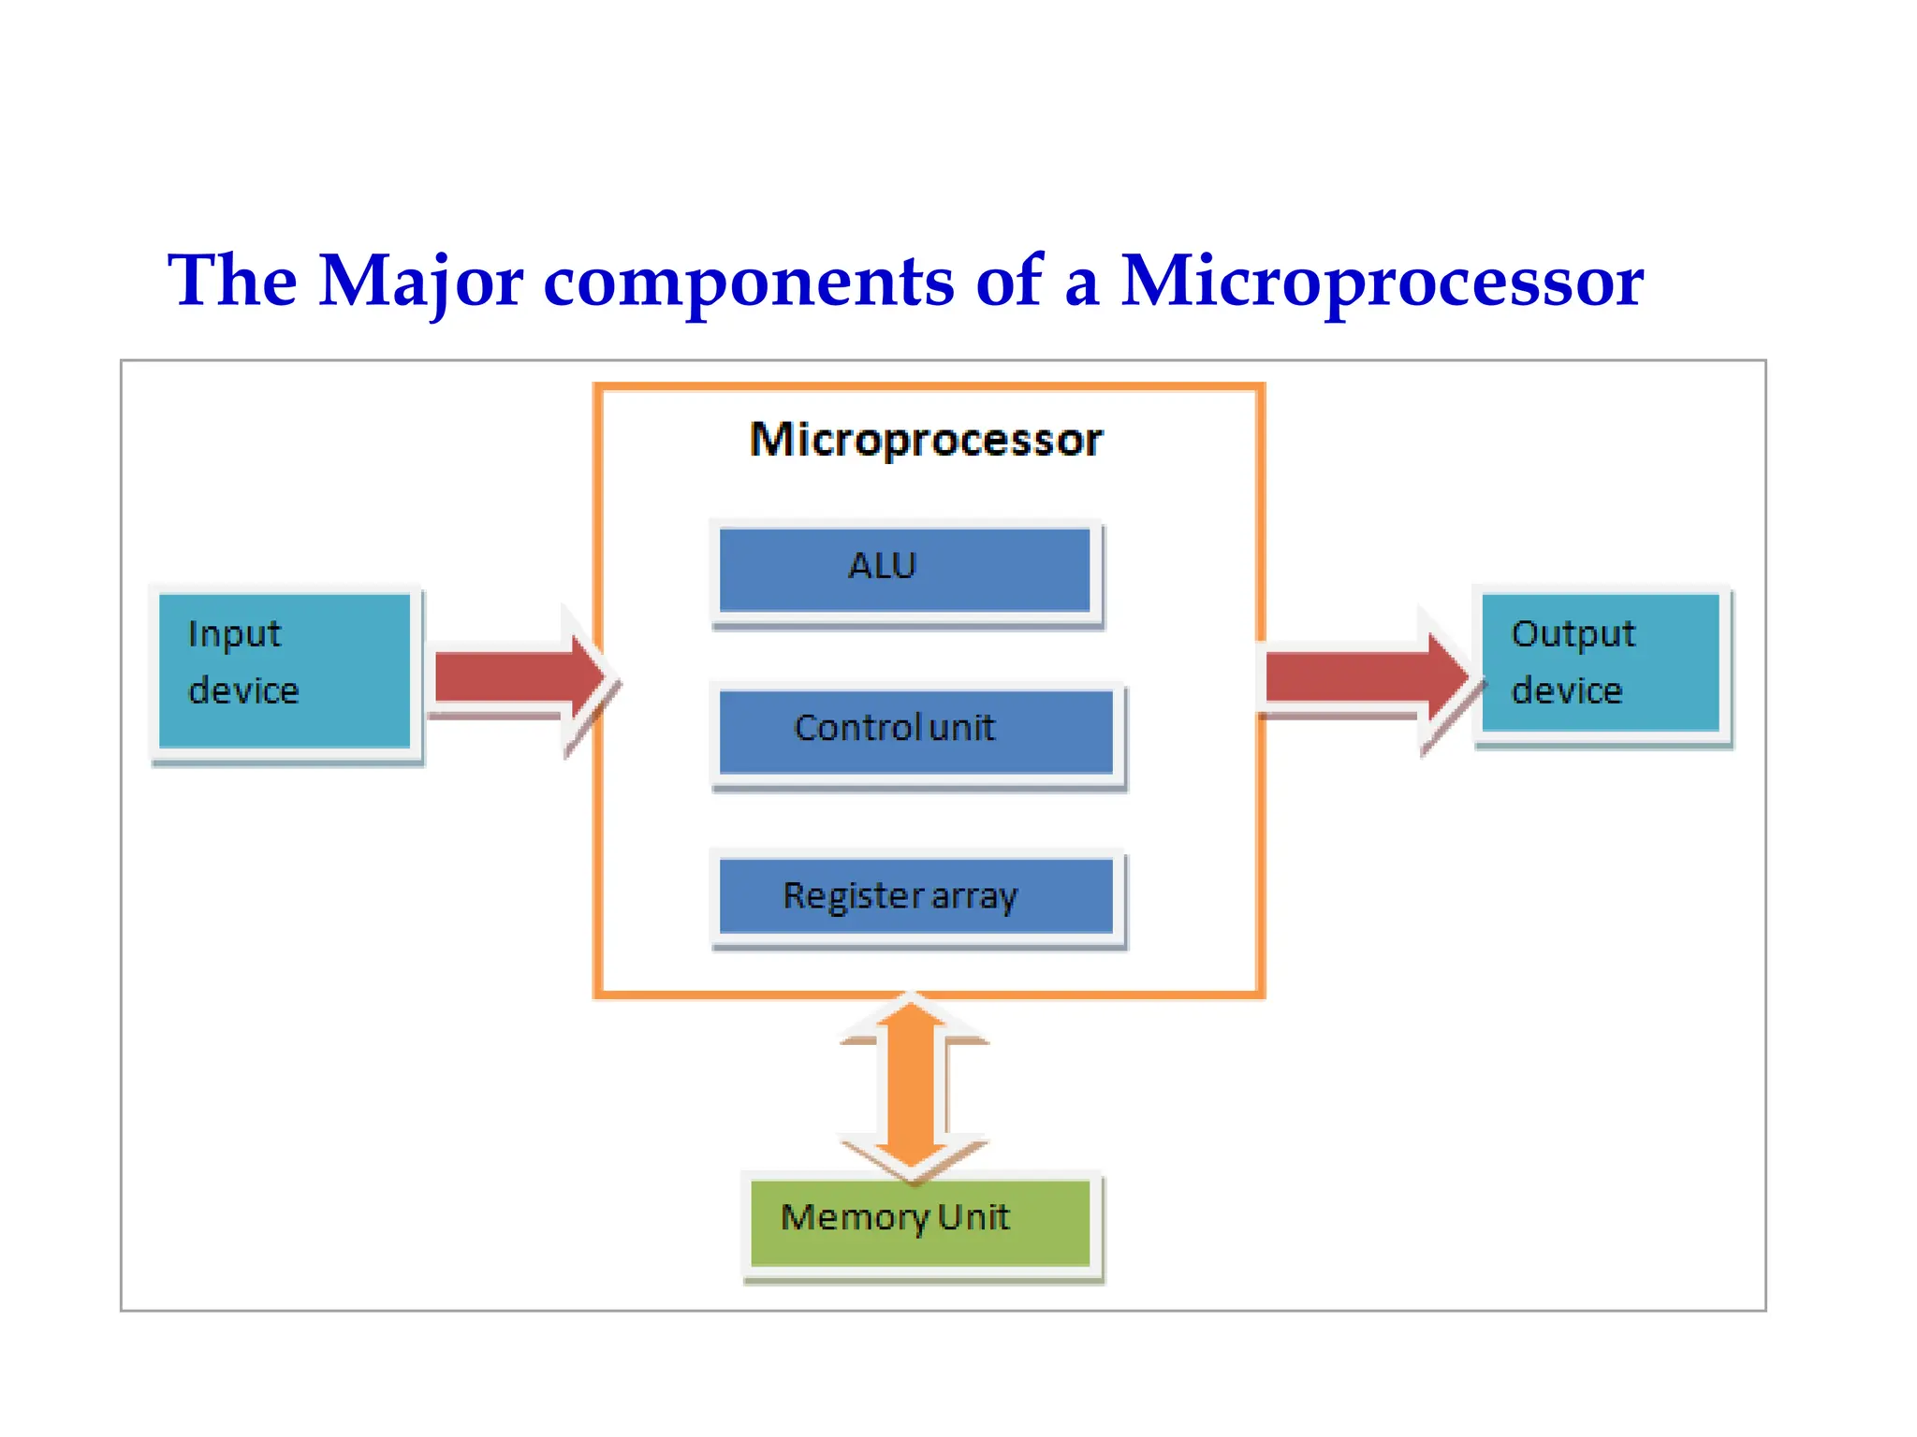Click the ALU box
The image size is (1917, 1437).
click(x=904, y=570)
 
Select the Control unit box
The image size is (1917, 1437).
click(x=915, y=732)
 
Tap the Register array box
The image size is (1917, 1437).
click(x=915, y=896)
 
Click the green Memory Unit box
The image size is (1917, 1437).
click(x=920, y=1222)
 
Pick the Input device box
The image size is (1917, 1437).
click(x=285, y=670)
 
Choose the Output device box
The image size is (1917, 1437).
click(x=1601, y=662)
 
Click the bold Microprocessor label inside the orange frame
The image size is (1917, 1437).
click(x=926, y=440)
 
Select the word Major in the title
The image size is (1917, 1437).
click(x=420, y=283)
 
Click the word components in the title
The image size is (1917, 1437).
click(x=749, y=283)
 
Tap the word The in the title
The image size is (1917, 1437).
click(x=232, y=281)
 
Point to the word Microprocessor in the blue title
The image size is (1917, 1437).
click(x=1382, y=283)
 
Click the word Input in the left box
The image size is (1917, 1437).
click(x=234, y=634)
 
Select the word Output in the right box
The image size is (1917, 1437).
click(x=1573, y=634)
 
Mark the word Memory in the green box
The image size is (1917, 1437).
click(x=854, y=1218)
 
